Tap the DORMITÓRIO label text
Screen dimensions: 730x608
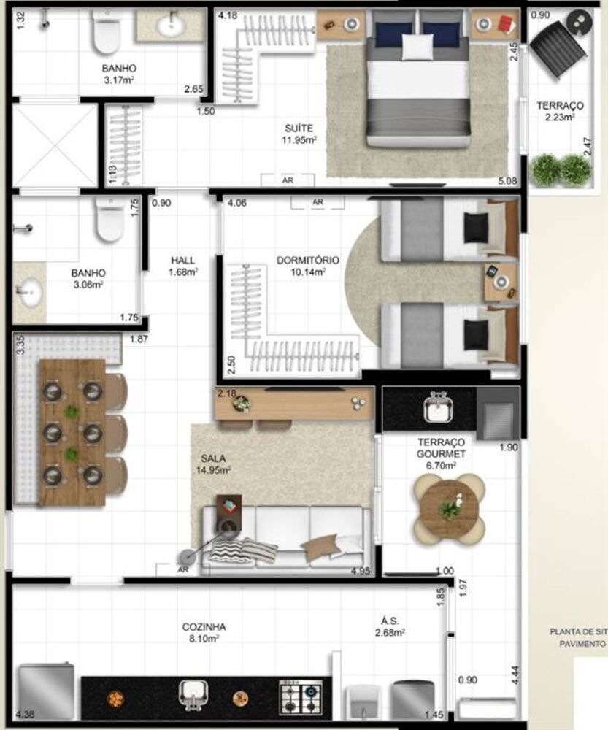(x=307, y=260)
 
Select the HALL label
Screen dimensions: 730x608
(x=182, y=260)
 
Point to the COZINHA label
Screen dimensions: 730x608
(x=204, y=626)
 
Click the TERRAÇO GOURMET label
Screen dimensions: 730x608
(x=442, y=447)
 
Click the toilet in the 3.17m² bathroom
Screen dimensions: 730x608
(x=107, y=31)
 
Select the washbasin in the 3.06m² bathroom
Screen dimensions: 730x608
(x=30, y=293)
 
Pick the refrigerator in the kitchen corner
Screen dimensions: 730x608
(x=45, y=691)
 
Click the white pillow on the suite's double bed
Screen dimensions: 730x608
(x=417, y=47)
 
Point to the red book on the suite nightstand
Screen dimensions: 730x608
(x=505, y=26)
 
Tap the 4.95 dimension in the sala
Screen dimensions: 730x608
(x=361, y=570)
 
